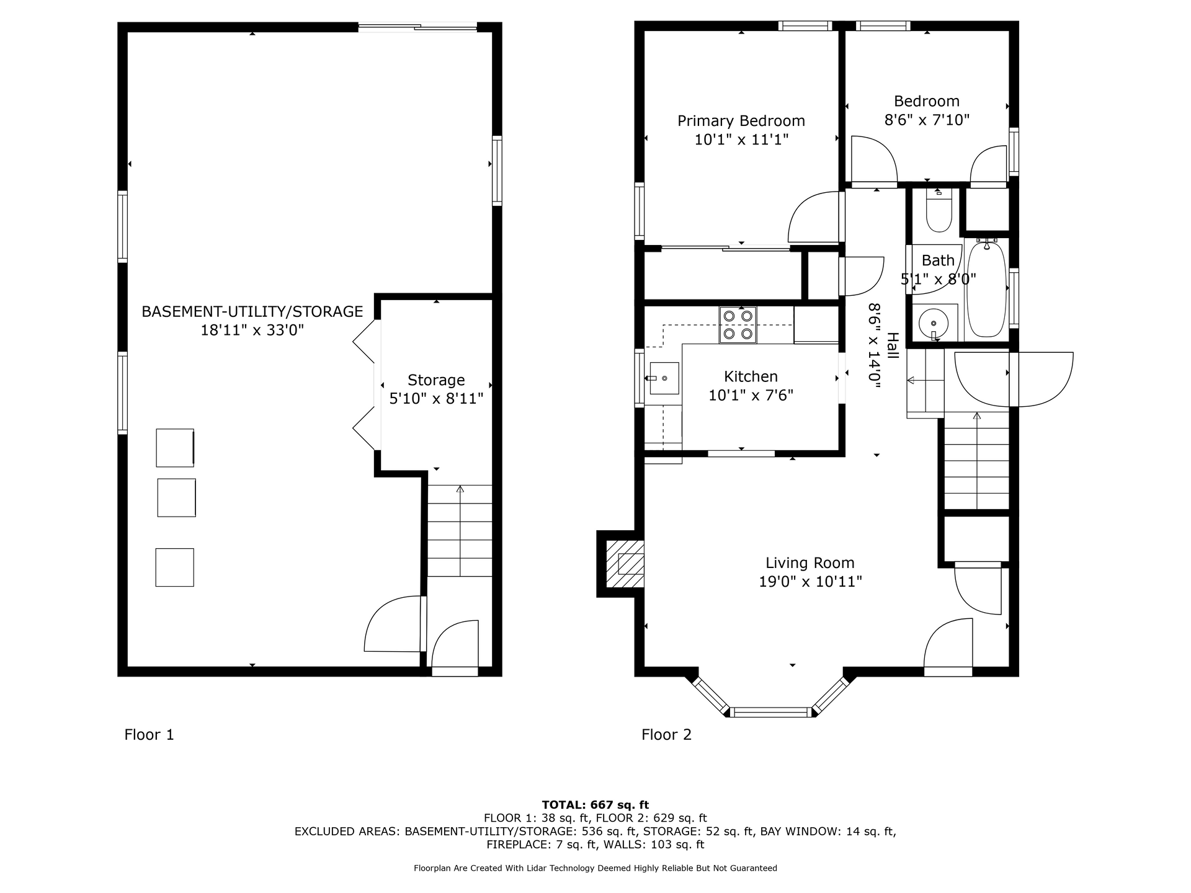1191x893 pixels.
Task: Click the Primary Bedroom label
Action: click(x=741, y=121)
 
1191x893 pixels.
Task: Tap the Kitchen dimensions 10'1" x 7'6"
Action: click(x=751, y=396)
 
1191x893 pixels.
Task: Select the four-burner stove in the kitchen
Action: click(x=738, y=325)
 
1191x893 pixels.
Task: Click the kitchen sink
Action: click(x=663, y=378)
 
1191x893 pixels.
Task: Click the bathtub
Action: click(x=986, y=289)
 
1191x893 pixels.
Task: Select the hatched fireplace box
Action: click(x=625, y=564)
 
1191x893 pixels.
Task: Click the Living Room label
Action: click(x=810, y=563)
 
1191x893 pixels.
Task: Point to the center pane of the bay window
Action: click(x=771, y=712)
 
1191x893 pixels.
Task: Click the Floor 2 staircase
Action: click(x=976, y=463)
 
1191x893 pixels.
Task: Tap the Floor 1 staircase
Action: click(x=460, y=531)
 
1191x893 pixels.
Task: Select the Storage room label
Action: click(x=436, y=380)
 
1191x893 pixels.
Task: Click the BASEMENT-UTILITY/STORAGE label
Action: click(x=252, y=311)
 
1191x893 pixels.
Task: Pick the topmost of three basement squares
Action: click(x=175, y=448)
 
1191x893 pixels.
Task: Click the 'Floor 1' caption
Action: click(x=149, y=735)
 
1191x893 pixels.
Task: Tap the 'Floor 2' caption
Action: click(x=666, y=735)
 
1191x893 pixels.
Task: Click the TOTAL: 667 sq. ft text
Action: click(x=595, y=805)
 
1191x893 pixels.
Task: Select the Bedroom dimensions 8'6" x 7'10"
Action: click(x=927, y=120)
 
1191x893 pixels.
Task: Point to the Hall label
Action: click(x=892, y=345)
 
